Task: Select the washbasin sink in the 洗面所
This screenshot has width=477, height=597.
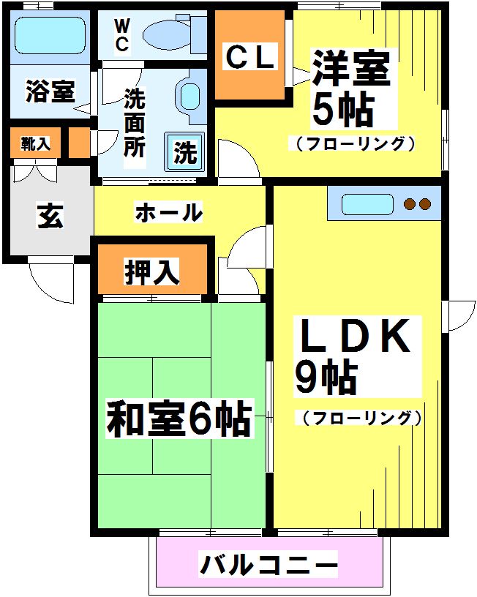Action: tap(189, 94)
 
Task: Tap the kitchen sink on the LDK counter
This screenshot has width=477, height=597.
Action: tap(367, 203)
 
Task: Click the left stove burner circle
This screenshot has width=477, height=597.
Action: tap(409, 203)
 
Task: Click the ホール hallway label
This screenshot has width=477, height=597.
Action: tap(168, 213)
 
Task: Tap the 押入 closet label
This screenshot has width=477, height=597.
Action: tap(152, 272)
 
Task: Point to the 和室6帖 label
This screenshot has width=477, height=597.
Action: tap(180, 420)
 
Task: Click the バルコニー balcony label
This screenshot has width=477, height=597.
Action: tap(268, 565)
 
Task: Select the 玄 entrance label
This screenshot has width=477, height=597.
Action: tap(50, 216)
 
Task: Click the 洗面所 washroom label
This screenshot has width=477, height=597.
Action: tap(134, 121)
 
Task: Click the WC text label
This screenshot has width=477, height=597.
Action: tap(121, 34)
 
